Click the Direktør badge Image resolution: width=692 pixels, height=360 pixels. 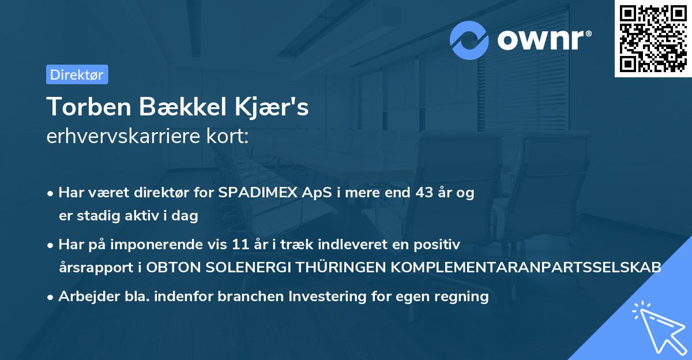(77, 74)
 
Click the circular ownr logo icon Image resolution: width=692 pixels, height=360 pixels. (469, 40)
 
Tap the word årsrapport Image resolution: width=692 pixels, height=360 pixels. (93, 268)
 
